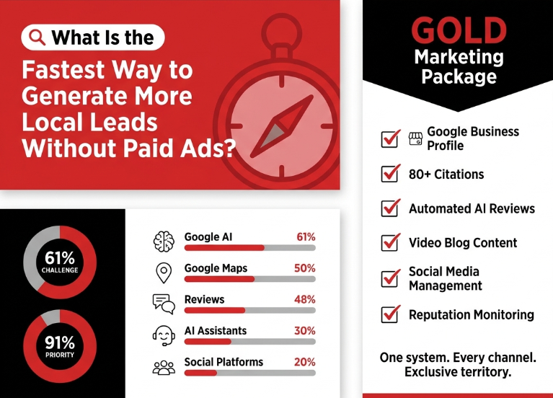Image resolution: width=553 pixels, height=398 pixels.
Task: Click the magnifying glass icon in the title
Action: [x=37, y=37]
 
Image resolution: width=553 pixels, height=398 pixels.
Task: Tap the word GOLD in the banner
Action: [x=459, y=30]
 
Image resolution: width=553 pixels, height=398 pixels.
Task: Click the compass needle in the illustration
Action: [x=282, y=126]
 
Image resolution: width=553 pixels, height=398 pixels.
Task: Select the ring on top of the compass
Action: [x=282, y=33]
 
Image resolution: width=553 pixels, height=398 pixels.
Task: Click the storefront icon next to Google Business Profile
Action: [x=415, y=138]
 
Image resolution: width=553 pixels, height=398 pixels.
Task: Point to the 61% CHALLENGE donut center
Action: [x=60, y=262]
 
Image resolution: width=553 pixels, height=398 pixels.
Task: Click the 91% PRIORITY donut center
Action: [x=60, y=347]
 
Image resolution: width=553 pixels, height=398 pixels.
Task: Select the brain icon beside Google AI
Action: [x=164, y=242]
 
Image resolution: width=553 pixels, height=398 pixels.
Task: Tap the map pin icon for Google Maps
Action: [x=164, y=273]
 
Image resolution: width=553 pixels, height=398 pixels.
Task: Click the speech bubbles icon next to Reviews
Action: [x=164, y=304]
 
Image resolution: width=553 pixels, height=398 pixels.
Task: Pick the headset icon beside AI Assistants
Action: [x=164, y=335]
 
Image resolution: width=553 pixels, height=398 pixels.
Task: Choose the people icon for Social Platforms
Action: [x=164, y=367]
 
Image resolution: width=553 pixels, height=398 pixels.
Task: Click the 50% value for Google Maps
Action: [x=305, y=268]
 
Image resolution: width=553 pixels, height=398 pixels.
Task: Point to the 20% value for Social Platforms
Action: [x=305, y=362]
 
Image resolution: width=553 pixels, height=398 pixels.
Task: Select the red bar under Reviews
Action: [x=215, y=311]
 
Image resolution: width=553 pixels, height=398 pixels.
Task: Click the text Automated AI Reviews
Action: [x=472, y=208]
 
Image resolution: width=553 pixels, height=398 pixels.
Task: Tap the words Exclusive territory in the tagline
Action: [x=458, y=372]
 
